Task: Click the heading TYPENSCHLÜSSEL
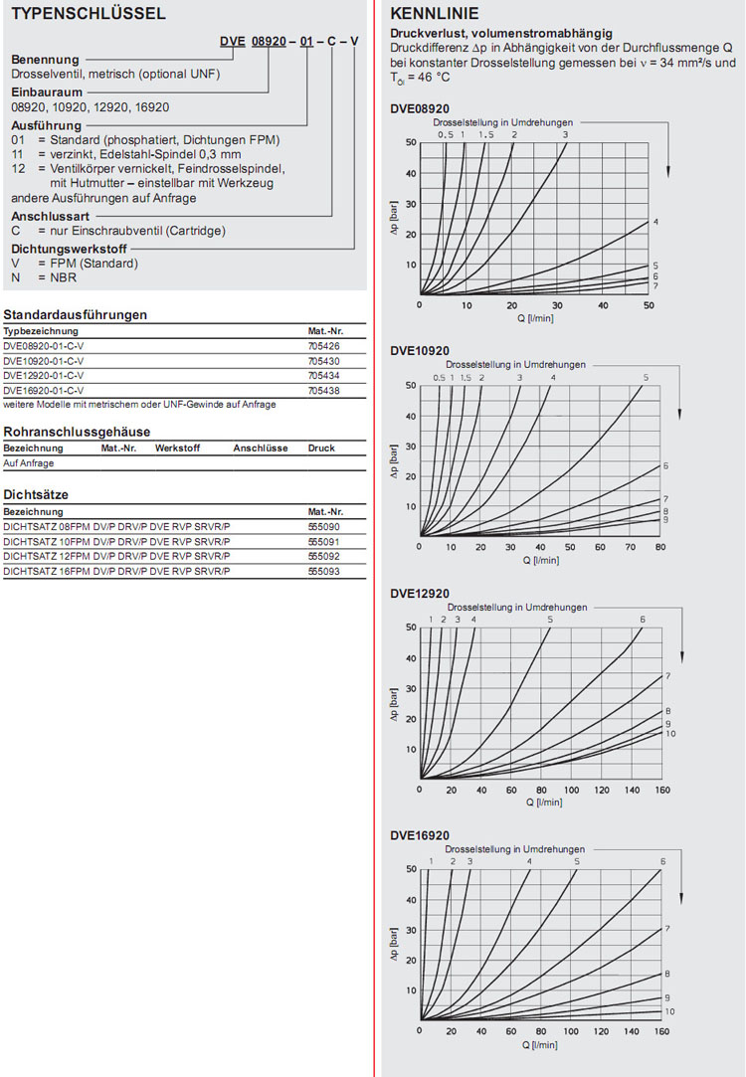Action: [85, 14]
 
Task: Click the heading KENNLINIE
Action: [435, 14]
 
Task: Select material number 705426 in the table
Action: [322, 347]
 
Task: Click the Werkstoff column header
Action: [177, 449]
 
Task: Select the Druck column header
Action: [321, 449]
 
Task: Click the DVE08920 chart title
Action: [420, 108]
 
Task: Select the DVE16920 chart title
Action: [420, 835]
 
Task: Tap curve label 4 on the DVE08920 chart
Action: [655, 222]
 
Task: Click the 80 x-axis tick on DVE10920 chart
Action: [660, 548]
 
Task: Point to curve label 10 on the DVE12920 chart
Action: [670, 734]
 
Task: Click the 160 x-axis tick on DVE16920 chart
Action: [660, 1032]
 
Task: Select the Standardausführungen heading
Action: [76, 314]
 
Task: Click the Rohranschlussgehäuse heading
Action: [77, 432]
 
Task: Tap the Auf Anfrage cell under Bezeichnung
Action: [29, 463]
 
